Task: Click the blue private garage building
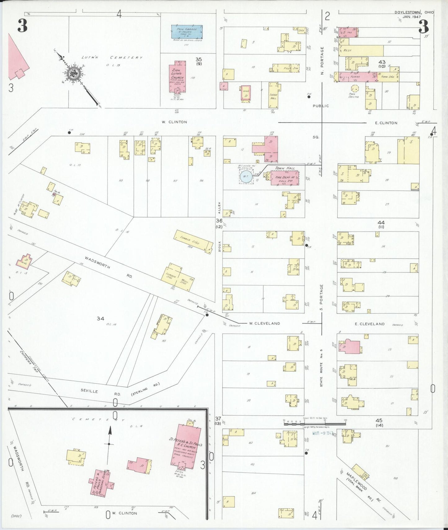click(187, 32)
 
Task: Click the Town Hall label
click(285, 168)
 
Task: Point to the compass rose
click(75, 73)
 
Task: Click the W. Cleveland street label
click(264, 323)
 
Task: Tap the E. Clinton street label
click(386, 123)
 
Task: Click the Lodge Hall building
click(273, 96)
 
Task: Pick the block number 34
click(100, 318)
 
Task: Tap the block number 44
click(381, 223)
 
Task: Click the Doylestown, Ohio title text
click(414, 12)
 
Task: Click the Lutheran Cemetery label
click(112, 57)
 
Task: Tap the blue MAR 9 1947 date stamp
click(322, 433)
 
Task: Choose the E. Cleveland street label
click(370, 324)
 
